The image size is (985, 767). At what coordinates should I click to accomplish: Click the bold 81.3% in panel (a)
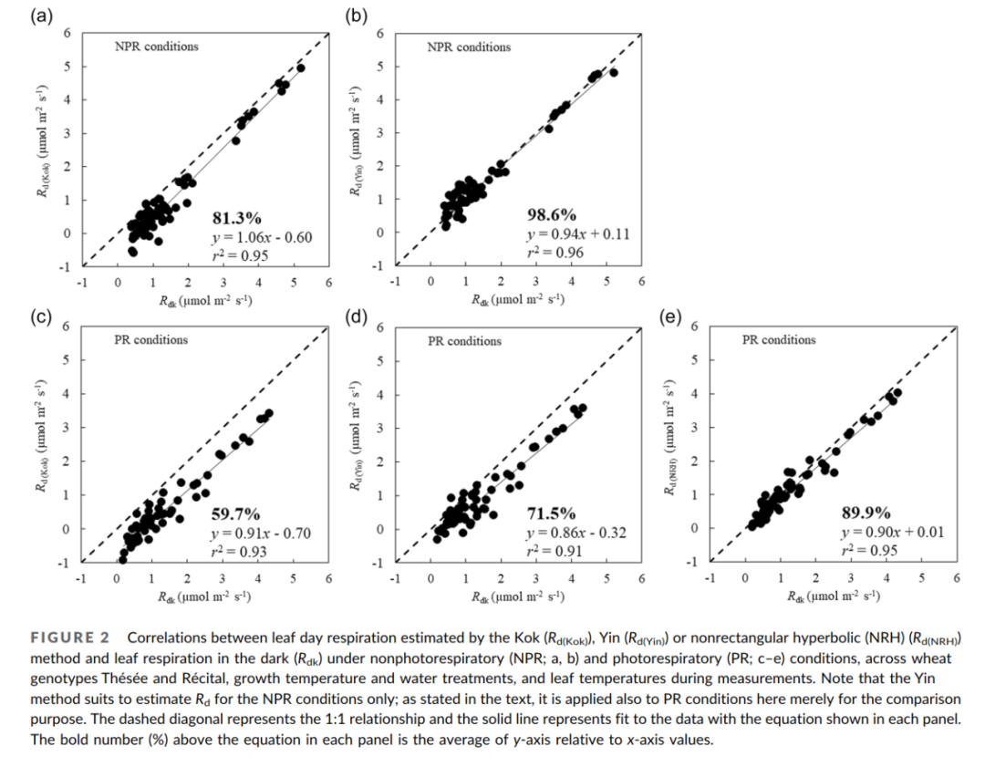click(x=236, y=218)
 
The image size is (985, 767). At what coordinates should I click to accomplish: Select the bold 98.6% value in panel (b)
click(x=552, y=215)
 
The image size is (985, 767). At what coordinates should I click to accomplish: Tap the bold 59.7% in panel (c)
click(x=236, y=514)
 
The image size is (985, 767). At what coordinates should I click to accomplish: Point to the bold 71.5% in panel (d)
click(x=551, y=514)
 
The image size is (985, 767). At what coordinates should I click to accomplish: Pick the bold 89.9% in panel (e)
click(x=866, y=513)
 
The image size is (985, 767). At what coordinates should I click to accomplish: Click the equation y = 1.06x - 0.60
click(x=262, y=237)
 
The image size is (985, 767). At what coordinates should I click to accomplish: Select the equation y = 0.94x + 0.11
click(x=578, y=234)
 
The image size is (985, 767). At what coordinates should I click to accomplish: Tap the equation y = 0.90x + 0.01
click(x=892, y=532)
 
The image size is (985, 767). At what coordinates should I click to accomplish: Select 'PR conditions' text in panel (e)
click(x=778, y=340)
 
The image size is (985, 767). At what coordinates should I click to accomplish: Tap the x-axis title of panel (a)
click(x=205, y=300)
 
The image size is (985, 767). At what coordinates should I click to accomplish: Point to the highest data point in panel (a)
click(x=301, y=67)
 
